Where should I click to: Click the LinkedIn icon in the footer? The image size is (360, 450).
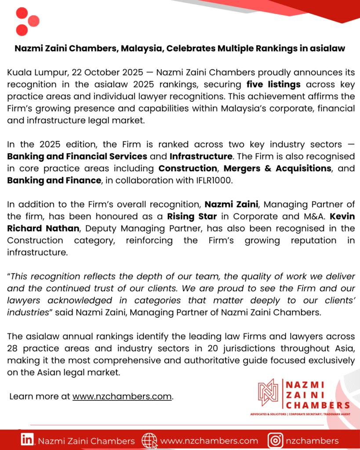click(x=28, y=440)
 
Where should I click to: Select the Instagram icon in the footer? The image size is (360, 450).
click(x=275, y=440)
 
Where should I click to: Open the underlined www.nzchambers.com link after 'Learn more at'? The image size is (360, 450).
click(x=122, y=396)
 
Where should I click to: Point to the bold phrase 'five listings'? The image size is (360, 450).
click(x=273, y=83)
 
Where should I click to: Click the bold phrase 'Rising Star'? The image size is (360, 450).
click(x=192, y=216)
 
